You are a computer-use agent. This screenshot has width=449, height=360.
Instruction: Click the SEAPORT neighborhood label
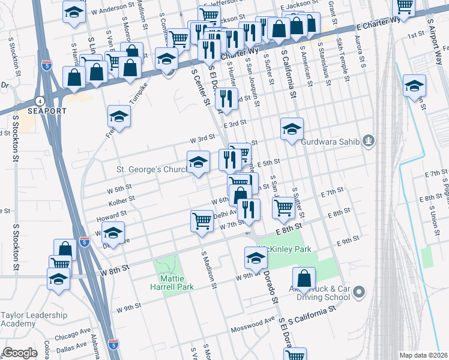tap(34, 112)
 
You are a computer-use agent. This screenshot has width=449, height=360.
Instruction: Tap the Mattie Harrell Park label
tap(168, 283)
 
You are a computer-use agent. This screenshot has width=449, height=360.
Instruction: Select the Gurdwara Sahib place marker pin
tap(369, 142)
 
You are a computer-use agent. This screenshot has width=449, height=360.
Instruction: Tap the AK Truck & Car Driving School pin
tap(359, 292)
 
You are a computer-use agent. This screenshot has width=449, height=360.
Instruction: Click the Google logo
tap(20, 353)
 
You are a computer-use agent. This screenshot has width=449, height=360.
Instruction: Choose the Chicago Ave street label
tap(73, 334)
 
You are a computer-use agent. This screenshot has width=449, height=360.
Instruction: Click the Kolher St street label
tap(121, 199)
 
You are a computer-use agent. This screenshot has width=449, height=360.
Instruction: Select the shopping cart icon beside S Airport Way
tap(404, 7)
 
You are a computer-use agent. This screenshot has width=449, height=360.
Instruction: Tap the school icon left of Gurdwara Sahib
tap(292, 129)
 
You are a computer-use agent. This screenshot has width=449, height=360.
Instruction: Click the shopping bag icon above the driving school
tap(304, 278)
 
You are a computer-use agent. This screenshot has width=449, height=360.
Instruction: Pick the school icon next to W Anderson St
tap(73, 14)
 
